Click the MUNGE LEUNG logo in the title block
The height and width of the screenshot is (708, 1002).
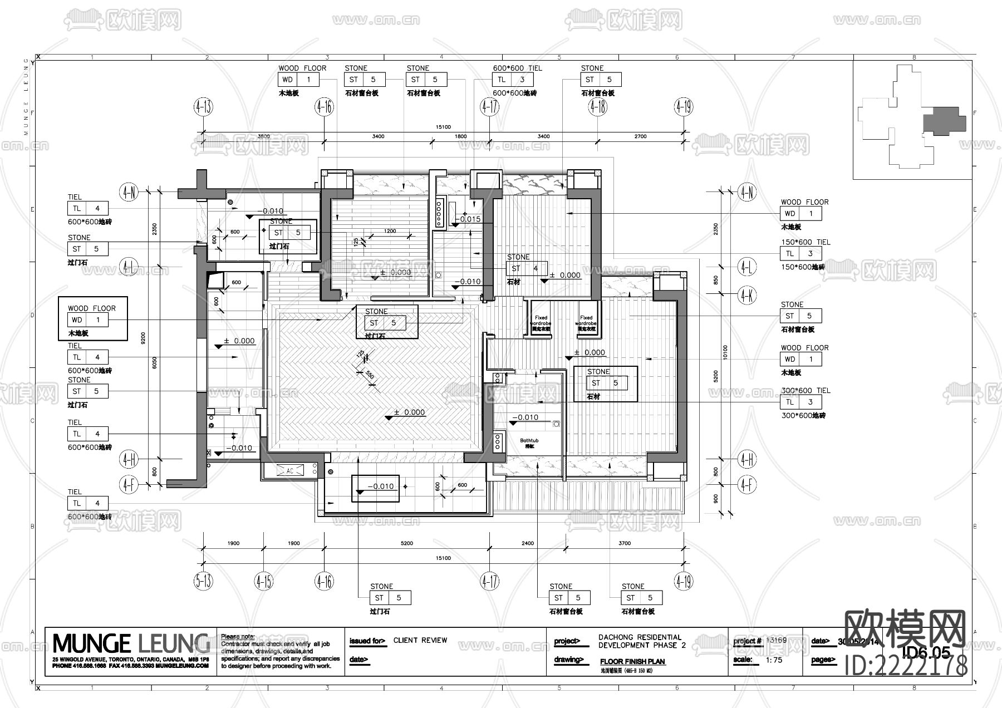(x=131, y=643)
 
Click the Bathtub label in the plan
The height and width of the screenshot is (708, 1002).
(x=529, y=441)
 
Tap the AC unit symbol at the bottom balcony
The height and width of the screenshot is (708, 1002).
(x=289, y=471)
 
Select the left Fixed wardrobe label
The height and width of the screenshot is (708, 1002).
(x=541, y=321)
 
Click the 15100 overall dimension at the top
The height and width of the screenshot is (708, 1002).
(x=443, y=127)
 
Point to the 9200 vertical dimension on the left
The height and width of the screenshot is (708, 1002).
(x=144, y=338)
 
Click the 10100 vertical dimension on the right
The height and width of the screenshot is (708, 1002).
(x=725, y=352)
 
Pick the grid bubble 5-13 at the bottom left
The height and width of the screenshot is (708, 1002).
(x=203, y=582)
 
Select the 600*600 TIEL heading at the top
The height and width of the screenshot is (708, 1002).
(x=517, y=68)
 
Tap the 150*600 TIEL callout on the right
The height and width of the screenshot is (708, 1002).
(x=805, y=242)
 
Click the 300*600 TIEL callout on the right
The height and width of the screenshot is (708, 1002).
(x=805, y=391)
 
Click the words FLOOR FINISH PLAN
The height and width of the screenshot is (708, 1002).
(x=632, y=662)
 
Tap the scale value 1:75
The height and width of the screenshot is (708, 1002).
(x=774, y=660)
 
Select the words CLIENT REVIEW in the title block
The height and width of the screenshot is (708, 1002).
(x=420, y=640)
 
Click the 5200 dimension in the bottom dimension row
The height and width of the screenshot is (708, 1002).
(x=407, y=543)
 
